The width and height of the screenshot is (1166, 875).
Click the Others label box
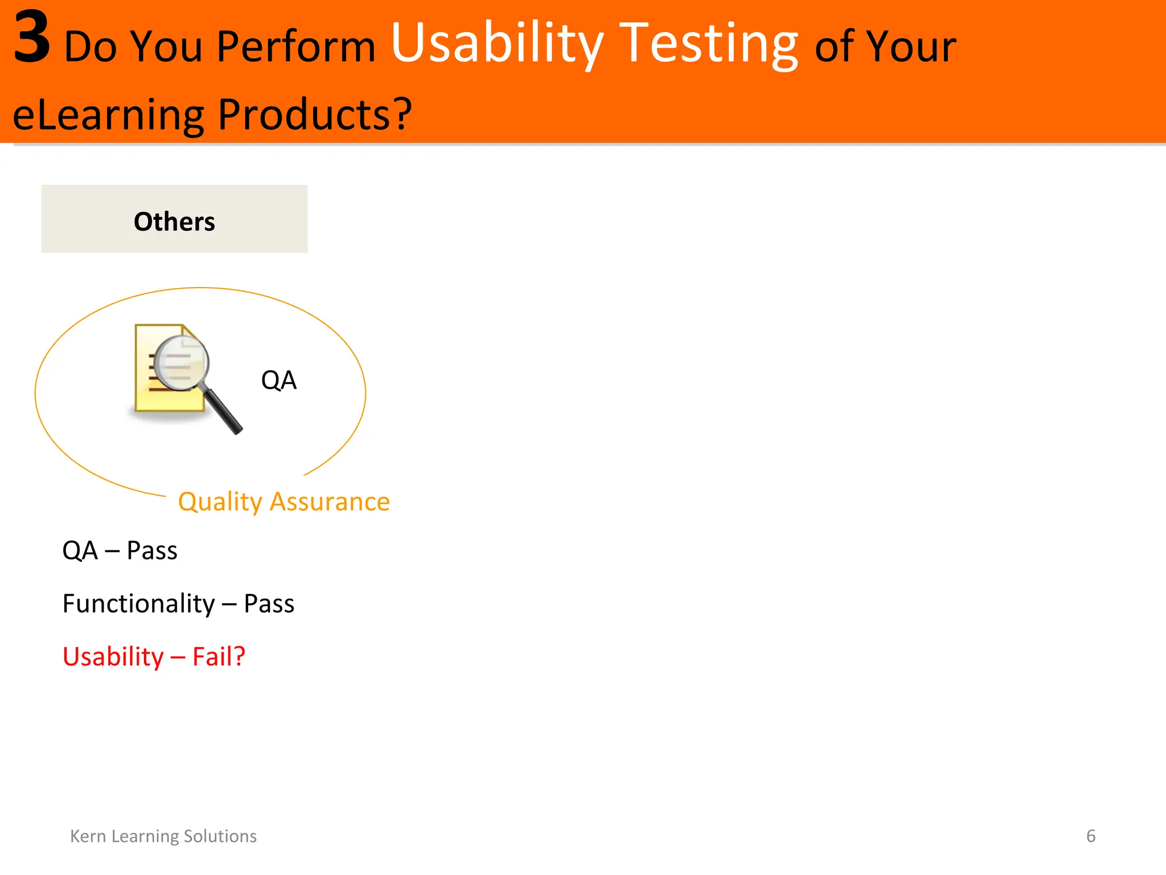[174, 219]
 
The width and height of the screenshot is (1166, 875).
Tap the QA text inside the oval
[278, 380]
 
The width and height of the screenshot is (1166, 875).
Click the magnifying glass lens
[181, 363]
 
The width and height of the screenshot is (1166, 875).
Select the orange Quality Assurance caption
[284, 501]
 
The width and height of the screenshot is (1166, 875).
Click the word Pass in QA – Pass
[152, 550]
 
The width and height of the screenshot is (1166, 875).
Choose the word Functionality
[139, 603]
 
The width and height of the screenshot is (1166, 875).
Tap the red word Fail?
[219, 656]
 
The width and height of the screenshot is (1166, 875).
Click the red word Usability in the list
[113, 656]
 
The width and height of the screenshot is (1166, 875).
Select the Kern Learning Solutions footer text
[163, 836]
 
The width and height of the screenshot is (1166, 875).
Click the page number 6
[1090, 836]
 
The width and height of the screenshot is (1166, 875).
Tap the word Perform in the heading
[295, 47]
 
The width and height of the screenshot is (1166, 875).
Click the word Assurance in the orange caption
[330, 501]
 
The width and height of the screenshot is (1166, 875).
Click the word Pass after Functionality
[269, 603]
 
